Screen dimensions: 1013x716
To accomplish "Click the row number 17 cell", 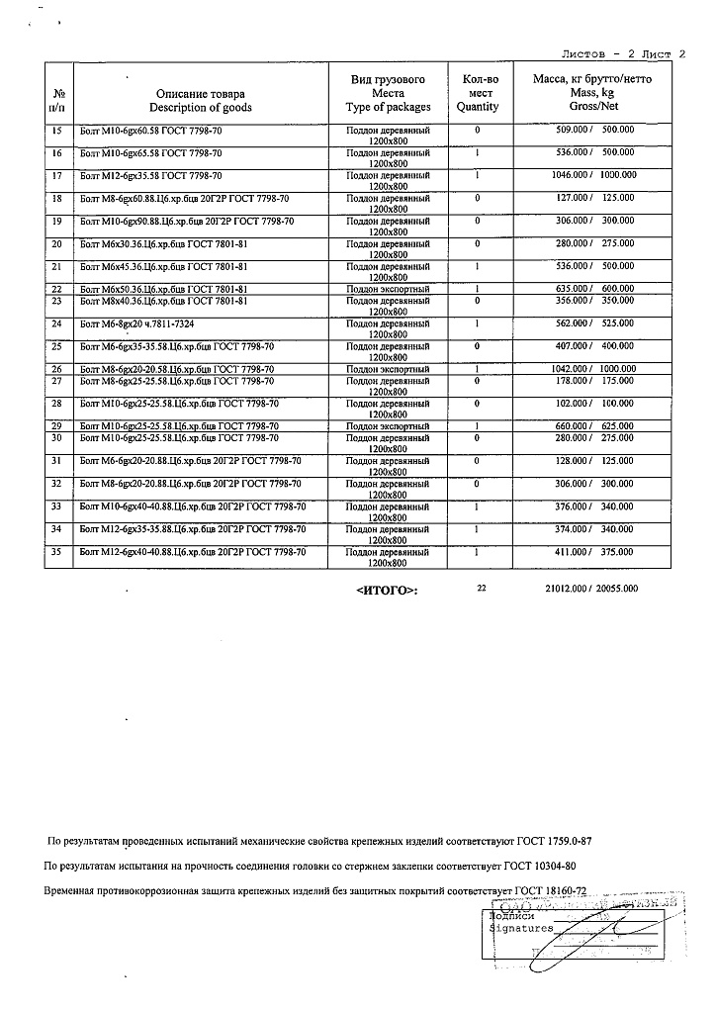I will click(x=56, y=175).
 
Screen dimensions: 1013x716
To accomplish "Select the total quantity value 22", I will click(x=482, y=588).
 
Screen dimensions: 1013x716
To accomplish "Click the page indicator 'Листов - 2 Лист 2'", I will click(x=623, y=54).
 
